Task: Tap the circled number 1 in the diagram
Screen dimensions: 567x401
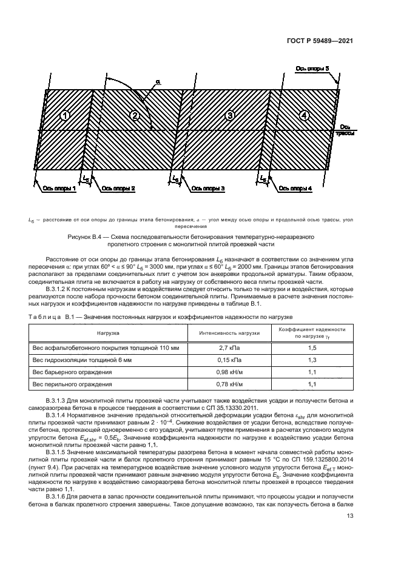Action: click(x=66, y=116)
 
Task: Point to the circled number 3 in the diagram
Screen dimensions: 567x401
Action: click(x=229, y=115)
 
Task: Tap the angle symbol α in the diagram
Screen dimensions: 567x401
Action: click(x=158, y=81)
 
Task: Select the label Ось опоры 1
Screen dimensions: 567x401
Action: click(x=59, y=189)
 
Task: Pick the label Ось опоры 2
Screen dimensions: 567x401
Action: click(x=118, y=189)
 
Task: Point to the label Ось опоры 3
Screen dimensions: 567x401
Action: click(x=207, y=189)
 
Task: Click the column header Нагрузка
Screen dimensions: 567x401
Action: click(x=110, y=333)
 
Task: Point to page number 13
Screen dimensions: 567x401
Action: click(x=350, y=516)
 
